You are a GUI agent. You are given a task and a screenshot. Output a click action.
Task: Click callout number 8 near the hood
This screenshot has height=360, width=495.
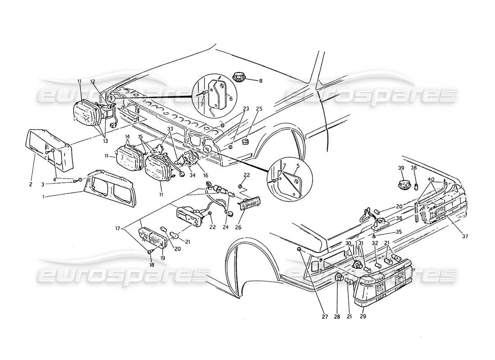coord(261,81)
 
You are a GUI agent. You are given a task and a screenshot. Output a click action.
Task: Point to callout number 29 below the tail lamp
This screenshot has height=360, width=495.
coord(363,316)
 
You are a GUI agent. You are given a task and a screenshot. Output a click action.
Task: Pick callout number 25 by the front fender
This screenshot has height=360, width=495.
coord(259,108)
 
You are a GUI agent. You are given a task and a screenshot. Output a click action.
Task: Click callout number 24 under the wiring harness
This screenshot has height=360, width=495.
coord(225,227)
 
